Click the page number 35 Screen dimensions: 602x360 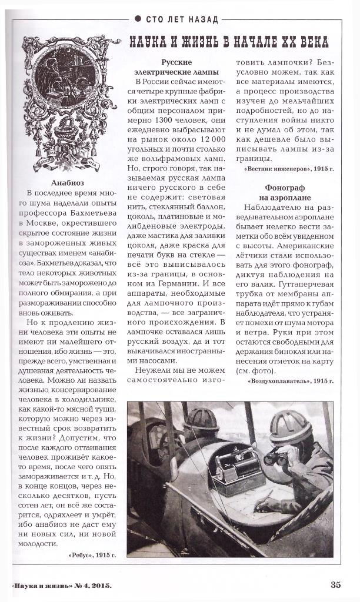click(335, 584)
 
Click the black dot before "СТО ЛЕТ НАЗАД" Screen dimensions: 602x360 click(137, 19)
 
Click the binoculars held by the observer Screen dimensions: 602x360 click(276, 456)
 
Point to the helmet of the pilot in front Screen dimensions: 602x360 click(201, 419)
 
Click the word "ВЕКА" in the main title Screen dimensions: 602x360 click(310, 42)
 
